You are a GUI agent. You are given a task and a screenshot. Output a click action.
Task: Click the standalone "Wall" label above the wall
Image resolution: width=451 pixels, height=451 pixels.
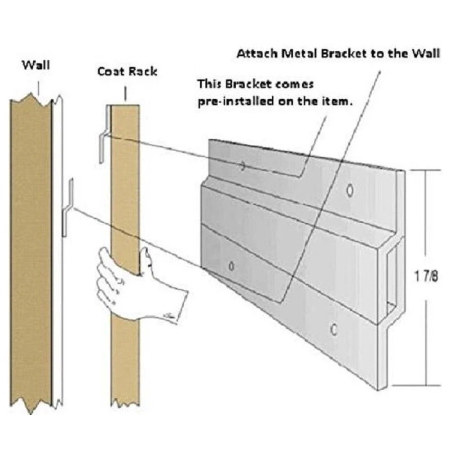[36, 65]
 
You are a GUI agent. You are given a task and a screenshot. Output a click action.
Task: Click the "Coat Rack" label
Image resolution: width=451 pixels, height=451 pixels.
[127, 72]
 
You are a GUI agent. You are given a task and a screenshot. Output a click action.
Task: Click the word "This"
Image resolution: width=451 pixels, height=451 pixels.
[207, 84]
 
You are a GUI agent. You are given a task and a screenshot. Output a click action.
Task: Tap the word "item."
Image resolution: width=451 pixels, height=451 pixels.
[343, 103]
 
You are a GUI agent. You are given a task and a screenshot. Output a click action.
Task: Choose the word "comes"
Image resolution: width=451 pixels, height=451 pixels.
[297, 84]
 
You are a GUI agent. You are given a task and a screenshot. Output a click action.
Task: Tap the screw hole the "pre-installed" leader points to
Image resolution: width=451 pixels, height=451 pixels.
[242, 166]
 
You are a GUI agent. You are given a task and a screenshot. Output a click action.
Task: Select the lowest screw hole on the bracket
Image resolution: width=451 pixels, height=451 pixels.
[335, 328]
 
